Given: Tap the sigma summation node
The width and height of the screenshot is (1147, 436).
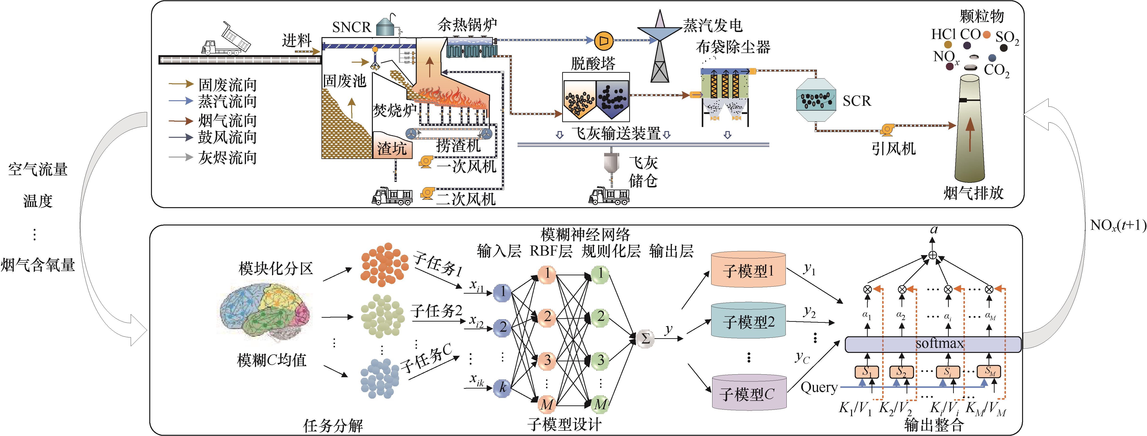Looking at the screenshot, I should click(x=645, y=339).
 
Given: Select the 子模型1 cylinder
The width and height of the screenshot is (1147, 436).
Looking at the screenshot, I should click(x=748, y=270).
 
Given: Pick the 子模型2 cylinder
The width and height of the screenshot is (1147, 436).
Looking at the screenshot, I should click(x=748, y=321).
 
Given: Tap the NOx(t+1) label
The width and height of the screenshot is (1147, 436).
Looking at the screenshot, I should click(x=1118, y=225).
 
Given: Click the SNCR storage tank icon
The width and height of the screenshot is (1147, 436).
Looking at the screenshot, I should click(x=386, y=26).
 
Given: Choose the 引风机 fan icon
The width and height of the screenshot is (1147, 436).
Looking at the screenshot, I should click(x=887, y=129).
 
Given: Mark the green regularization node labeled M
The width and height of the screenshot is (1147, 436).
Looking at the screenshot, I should click(x=600, y=404).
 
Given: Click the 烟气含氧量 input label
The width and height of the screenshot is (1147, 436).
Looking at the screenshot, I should click(x=38, y=265).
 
